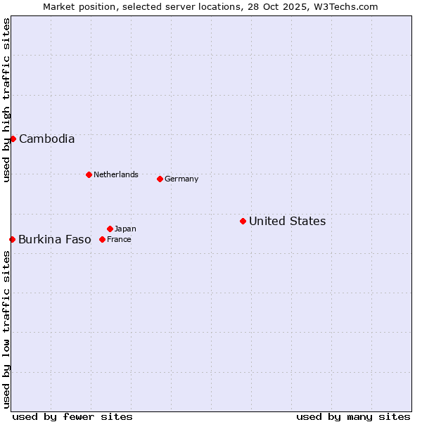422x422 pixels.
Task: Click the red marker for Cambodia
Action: coord(13,139)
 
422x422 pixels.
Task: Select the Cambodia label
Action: coord(46,139)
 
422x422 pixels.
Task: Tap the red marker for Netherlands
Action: coord(89,174)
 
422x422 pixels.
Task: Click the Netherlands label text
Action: coord(116,174)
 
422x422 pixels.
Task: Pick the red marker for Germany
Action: coord(160,179)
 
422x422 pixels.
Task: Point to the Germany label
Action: coord(181,179)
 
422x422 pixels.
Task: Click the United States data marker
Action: coord(243,221)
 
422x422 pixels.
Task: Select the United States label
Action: coord(287,222)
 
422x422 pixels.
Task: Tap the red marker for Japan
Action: coord(110,229)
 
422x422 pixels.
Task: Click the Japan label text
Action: coord(125,229)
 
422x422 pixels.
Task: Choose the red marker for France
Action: coord(102,239)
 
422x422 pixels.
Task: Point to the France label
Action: coord(119,240)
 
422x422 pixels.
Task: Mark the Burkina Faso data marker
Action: coord(12,239)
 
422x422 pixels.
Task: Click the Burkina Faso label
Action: coord(55,240)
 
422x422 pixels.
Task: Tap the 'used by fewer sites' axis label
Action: coord(72,416)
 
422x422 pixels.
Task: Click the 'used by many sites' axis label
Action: coord(353,416)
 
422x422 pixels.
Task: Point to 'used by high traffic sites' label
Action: coord(6,100)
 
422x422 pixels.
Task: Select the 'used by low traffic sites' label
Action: coord(6,329)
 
